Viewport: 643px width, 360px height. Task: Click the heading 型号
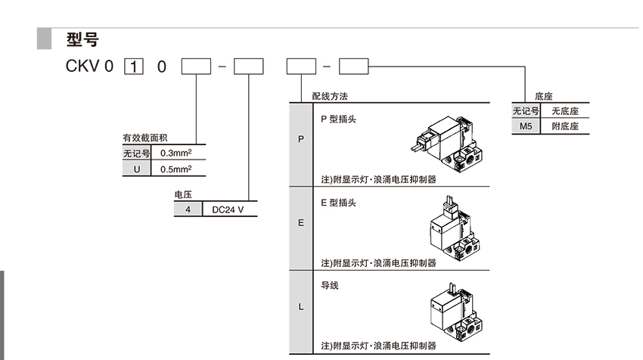[82, 39]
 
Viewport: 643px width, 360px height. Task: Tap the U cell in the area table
[137, 169]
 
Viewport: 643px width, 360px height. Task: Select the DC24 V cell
[228, 209]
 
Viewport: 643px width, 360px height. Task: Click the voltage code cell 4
[188, 209]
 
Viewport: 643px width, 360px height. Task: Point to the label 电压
[183, 195]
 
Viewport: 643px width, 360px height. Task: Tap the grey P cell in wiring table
[301, 140]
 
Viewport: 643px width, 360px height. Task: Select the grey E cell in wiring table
[301, 222]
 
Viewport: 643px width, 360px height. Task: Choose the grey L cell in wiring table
[301, 306]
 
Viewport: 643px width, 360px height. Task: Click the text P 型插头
[338, 119]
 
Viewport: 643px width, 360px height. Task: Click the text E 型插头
[338, 203]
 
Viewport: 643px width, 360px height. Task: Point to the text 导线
[330, 286]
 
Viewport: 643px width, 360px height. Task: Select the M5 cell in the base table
[527, 126]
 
